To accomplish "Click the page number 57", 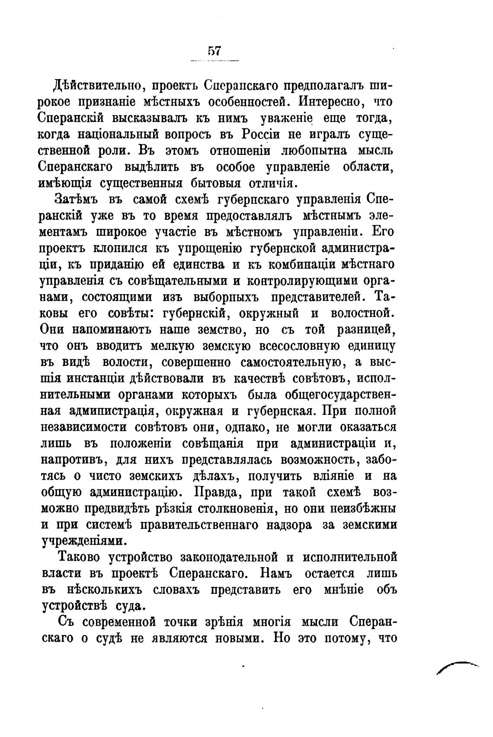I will pyautogui.click(x=214, y=51).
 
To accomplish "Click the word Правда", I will pyautogui.click(x=219, y=492).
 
